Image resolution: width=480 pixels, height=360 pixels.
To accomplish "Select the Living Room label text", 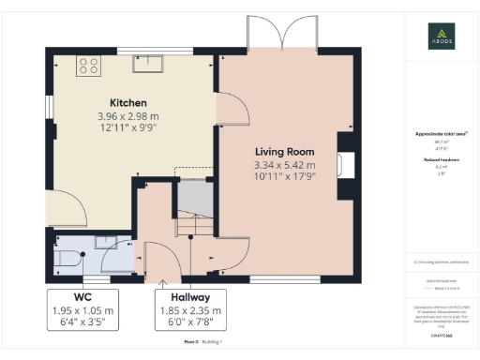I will click(x=284, y=151).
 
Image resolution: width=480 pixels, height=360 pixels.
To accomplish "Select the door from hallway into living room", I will click(x=234, y=251).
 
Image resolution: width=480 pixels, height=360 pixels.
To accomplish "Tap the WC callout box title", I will click(x=82, y=297).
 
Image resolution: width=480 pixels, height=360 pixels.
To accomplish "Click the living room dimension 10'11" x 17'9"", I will click(x=284, y=176).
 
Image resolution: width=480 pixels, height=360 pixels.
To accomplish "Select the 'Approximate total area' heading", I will click(x=441, y=134).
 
